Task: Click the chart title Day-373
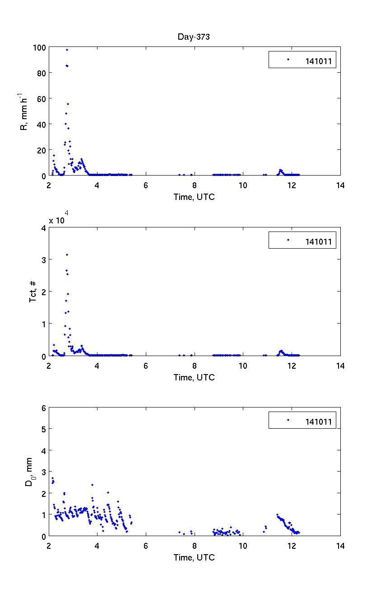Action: [x=194, y=37]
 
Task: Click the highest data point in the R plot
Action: [x=67, y=50]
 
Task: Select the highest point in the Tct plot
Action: [x=67, y=255]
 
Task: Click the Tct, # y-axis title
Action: [x=33, y=292]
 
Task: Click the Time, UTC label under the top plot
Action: [x=194, y=197]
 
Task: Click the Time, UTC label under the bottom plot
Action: [x=194, y=557]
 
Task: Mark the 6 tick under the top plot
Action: [x=146, y=185]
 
